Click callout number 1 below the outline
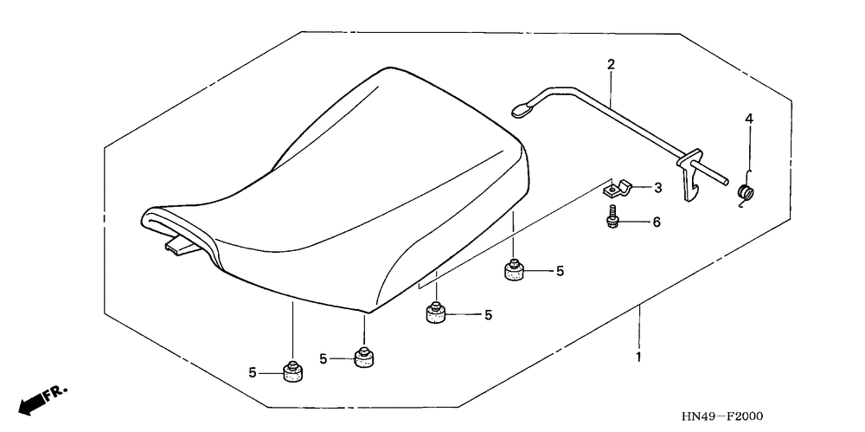click(639, 357)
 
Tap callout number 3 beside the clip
click(657, 187)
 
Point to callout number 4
click(750, 117)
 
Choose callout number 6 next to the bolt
click(656, 222)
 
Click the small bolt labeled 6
click(612, 217)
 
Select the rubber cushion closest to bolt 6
click(516, 271)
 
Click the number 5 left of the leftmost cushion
click(253, 372)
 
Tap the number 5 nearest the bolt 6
click(560, 271)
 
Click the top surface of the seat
click(346, 173)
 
